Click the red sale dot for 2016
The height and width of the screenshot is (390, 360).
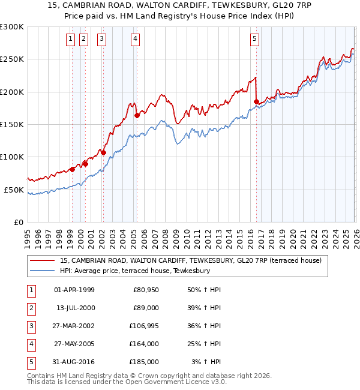(x=256, y=102)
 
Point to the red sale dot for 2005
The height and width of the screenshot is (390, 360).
(x=137, y=115)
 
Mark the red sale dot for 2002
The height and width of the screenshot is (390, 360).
(x=103, y=152)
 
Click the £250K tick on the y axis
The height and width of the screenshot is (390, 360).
(x=12, y=59)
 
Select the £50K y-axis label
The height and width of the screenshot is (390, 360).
(x=14, y=190)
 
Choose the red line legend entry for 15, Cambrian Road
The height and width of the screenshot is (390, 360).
(x=191, y=260)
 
